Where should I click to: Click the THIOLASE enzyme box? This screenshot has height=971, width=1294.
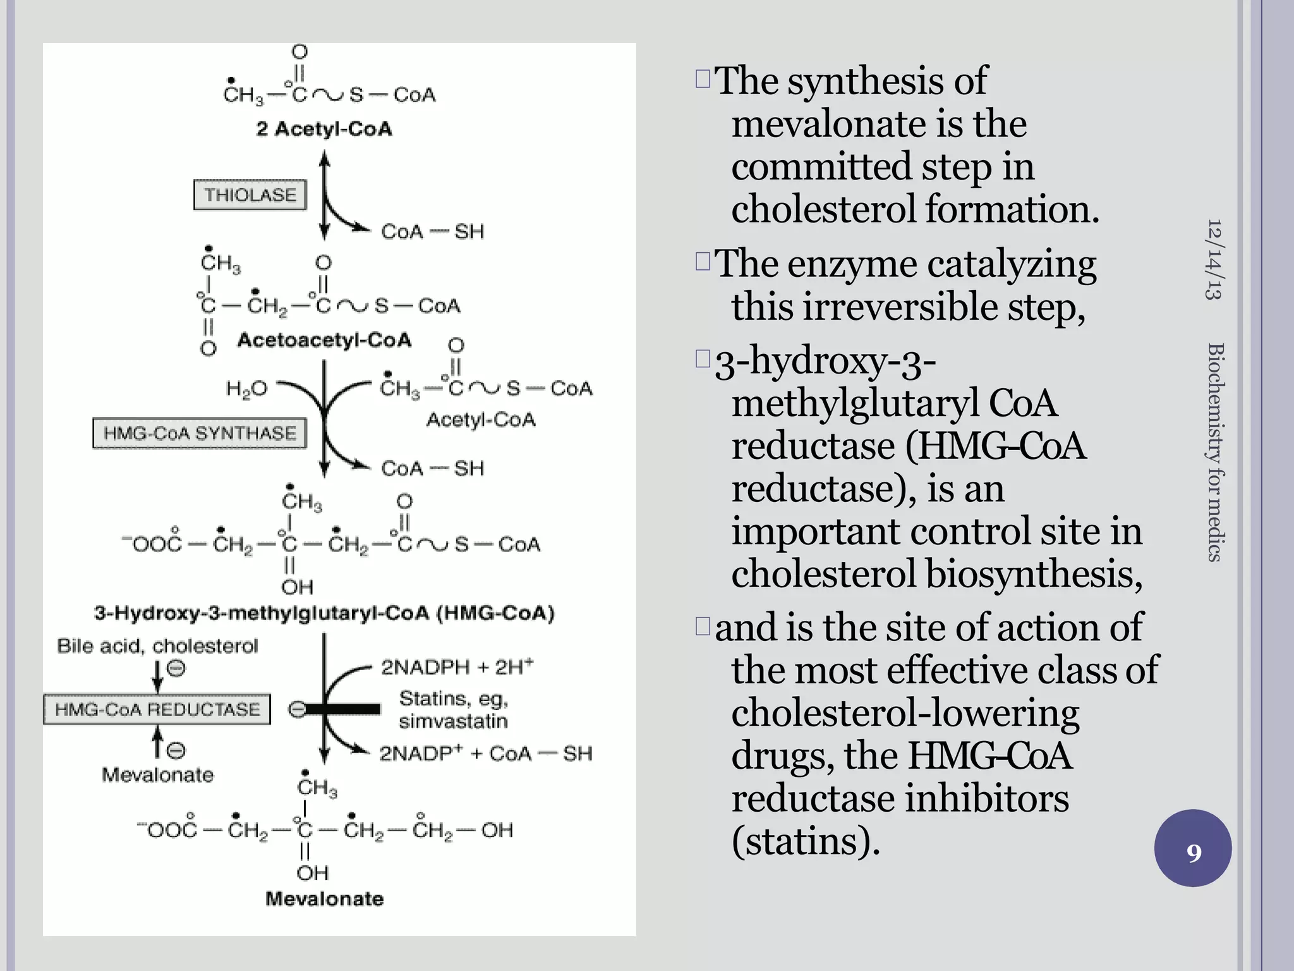click(250, 195)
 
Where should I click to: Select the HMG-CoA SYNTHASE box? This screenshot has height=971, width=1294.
click(200, 433)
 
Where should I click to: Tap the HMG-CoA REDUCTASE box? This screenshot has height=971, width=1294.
click(157, 709)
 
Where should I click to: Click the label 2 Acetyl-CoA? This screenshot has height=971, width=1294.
click(323, 129)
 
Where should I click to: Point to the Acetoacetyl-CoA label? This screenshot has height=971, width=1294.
click(324, 340)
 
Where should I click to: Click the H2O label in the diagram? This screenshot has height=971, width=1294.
click(246, 389)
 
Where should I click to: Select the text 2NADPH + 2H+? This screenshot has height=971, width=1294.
click(457, 667)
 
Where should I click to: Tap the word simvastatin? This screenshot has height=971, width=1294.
click(453, 721)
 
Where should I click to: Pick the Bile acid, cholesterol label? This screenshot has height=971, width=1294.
click(157, 646)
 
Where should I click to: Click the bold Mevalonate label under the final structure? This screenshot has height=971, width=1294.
click(324, 899)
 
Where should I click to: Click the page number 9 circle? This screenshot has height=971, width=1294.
click(1193, 849)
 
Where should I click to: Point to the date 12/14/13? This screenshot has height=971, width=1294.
click(1214, 259)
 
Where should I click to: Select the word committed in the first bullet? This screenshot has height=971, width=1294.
click(821, 167)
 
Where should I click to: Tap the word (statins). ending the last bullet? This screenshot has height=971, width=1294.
click(806, 841)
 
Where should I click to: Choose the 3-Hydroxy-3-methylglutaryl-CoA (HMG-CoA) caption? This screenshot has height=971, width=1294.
click(324, 613)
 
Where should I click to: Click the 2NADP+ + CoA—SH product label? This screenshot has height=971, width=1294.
click(485, 754)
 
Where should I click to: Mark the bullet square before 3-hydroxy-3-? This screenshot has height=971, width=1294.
click(703, 359)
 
